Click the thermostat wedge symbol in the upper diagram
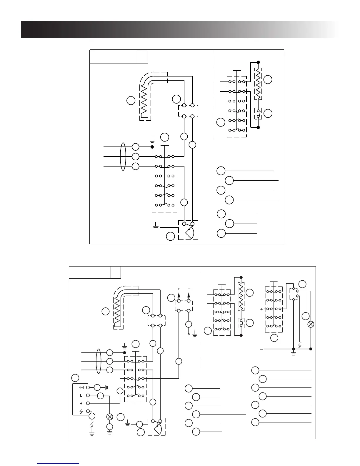coord(190,233)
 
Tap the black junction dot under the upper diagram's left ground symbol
coord(152,147)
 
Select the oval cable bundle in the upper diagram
coord(123,157)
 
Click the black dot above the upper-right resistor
coord(258,62)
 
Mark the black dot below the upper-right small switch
coord(258,127)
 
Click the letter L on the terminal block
coord(81,396)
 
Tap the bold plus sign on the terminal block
coord(81,403)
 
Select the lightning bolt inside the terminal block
coord(81,411)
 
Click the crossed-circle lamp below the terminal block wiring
coord(110,417)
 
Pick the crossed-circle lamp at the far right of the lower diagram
coord(311,324)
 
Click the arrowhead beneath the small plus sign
coord(179,295)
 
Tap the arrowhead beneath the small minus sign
coord(189,295)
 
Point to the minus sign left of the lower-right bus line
coord(261,349)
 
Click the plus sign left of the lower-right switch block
coord(261,309)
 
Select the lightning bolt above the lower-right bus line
coord(299,344)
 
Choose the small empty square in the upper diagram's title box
coord(142,56)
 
